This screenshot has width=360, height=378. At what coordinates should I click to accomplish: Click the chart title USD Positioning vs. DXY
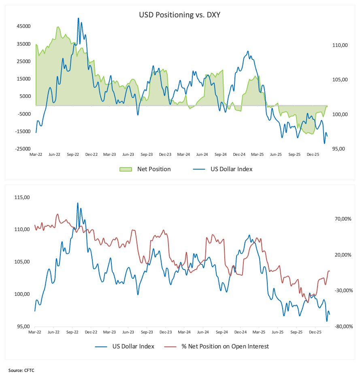click(179, 15)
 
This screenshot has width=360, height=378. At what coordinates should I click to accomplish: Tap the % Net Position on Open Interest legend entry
click(225, 346)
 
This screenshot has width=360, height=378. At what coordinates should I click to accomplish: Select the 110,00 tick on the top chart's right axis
click(340, 46)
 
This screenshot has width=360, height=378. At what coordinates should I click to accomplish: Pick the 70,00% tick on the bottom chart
click(341, 219)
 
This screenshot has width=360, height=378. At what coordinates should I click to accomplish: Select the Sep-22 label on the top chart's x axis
click(73, 155)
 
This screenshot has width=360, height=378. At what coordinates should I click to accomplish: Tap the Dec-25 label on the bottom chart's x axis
click(314, 332)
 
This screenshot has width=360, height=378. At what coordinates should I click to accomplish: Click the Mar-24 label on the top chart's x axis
click(183, 155)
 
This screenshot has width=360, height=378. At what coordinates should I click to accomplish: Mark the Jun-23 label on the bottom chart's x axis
click(128, 332)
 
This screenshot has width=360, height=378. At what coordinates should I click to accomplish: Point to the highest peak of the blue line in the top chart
click(78, 18)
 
